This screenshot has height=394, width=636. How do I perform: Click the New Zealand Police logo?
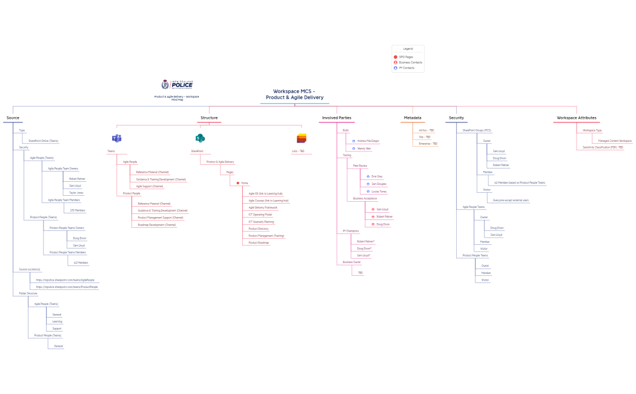[177, 84]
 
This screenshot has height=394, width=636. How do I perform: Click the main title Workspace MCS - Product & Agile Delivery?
[294, 95]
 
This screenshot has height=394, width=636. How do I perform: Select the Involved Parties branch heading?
[337, 118]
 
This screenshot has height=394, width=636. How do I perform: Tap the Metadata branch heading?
[412, 118]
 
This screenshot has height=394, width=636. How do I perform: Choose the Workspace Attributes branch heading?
[576, 118]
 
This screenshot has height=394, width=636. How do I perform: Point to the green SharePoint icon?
[200, 139]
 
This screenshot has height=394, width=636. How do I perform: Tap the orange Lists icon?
[301, 139]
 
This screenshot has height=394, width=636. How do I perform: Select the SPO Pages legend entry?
[406, 57]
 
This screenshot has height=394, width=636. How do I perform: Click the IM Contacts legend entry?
[406, 68]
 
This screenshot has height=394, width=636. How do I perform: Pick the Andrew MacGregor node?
[368, 141]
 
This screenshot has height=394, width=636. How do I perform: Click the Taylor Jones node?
[76, 193]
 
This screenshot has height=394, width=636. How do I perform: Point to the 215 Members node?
[78, 210]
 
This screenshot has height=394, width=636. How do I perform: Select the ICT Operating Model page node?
[260, 215]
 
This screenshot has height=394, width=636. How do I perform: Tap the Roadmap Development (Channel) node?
[156, 225]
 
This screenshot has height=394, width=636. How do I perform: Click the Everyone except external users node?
[511, 200]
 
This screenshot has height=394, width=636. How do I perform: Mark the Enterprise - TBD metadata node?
[428, 144]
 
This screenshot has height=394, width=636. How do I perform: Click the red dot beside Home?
[238, 183]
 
